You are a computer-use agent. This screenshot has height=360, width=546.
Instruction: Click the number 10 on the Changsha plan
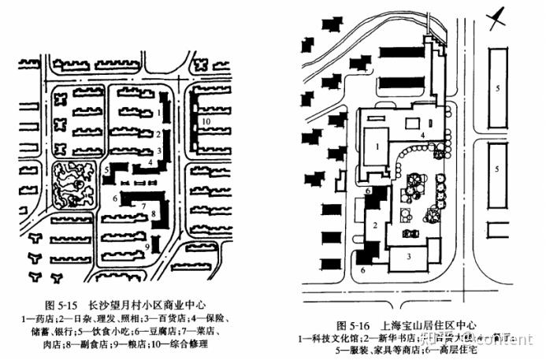click(205, 122)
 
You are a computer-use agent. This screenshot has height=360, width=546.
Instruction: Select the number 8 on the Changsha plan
click(154, 214)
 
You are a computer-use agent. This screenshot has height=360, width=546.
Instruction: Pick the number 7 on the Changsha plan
click(143, 206)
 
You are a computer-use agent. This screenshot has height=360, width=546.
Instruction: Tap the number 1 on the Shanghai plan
click(377, 146)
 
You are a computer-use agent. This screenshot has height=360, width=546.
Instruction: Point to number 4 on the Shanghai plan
click(422, 135)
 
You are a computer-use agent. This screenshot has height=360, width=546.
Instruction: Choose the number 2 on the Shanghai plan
click(376, 225)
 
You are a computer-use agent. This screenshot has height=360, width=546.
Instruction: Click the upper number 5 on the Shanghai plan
click(497, 89)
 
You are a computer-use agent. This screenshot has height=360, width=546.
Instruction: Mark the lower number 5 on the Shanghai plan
click(497, 169)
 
